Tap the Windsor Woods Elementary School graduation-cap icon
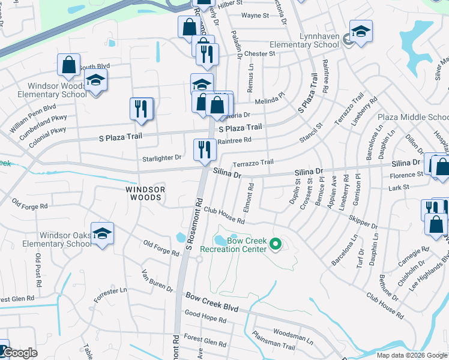point(95,80)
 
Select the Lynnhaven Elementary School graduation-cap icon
point(361,31)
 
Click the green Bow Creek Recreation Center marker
point(276,244)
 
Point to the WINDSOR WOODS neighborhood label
point(143,193)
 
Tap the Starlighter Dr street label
point(161,157)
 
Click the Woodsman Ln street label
point(293,335)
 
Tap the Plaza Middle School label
point(414,117)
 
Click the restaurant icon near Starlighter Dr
point(205,149)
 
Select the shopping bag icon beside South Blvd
point(69,64)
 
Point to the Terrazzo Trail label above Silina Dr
point(253,162)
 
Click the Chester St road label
point(259,53)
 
